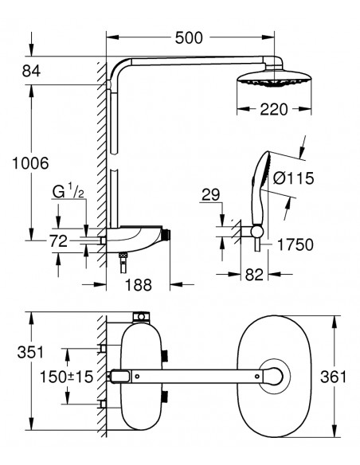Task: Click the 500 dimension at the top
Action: click(x=189, y=38)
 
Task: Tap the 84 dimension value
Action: click(x=31, y=71)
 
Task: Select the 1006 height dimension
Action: click(x=30, y=163)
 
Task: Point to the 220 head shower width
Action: click(x=274, y=109)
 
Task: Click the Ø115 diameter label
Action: click(x=293, y=178)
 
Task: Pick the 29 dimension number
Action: click(x=210, y=195)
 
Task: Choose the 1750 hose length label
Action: click(x=295, y=245)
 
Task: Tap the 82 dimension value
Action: click(x=254, y=275)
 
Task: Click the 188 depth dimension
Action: click(x=139, y=285)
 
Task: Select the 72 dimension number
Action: click(x=58, y=241)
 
